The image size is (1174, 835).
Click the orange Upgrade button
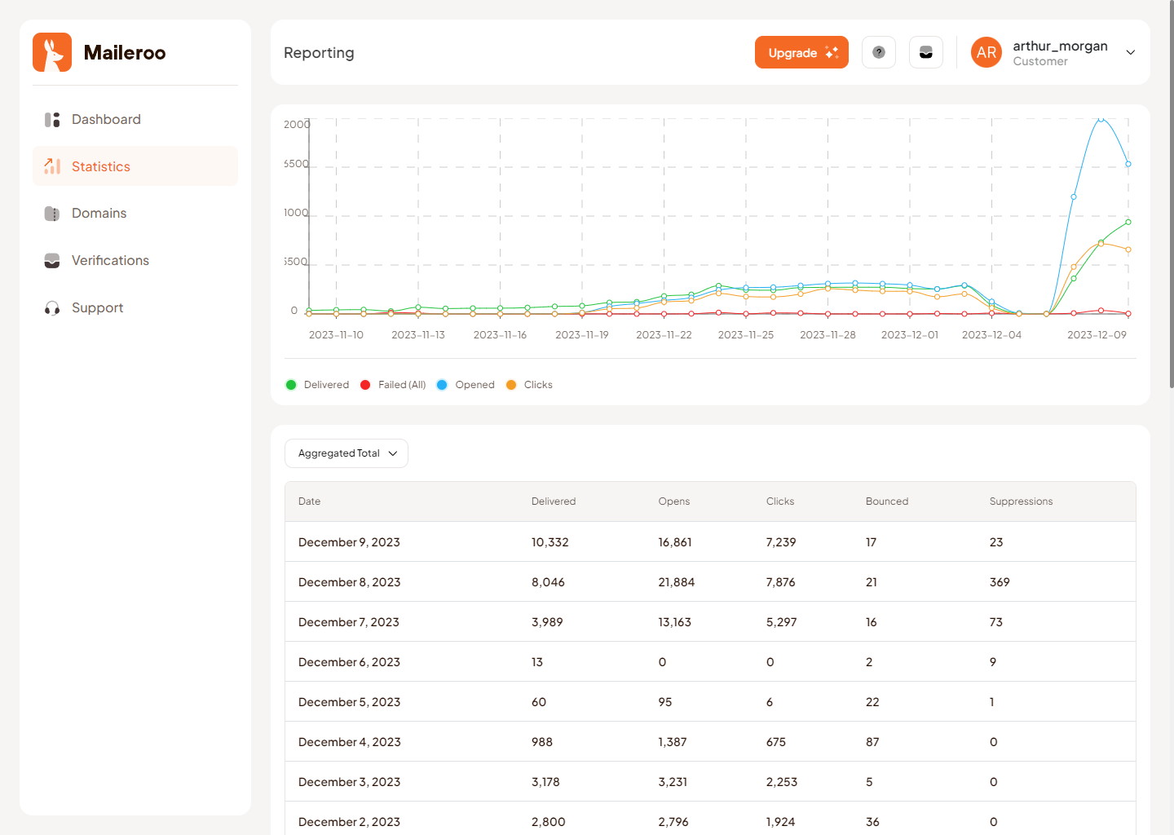tap(801, 52)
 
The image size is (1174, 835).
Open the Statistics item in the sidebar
tap(101, 166)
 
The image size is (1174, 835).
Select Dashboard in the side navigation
tap(106, 119)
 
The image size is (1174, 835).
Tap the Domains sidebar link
tap(99, 213)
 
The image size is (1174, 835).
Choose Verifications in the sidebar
tap(110, 260)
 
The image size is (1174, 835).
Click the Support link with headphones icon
tap(97, 307)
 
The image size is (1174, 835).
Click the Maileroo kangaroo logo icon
tap(52, 52)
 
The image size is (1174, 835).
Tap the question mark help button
tap(878, 52)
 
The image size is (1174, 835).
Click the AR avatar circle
tap(986, 52)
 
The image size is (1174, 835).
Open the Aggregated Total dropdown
tap(346, 453)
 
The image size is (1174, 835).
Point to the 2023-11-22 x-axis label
tap(664, 335)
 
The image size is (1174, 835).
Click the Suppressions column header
tap(1021, 501)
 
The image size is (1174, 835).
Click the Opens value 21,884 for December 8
tap(676, 582)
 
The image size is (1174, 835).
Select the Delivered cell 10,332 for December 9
tap(549, 542)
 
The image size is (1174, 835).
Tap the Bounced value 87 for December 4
tap(872, 742)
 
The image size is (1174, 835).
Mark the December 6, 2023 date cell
tap(349, 662)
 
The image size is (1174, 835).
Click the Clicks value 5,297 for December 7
tap(781, 622)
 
